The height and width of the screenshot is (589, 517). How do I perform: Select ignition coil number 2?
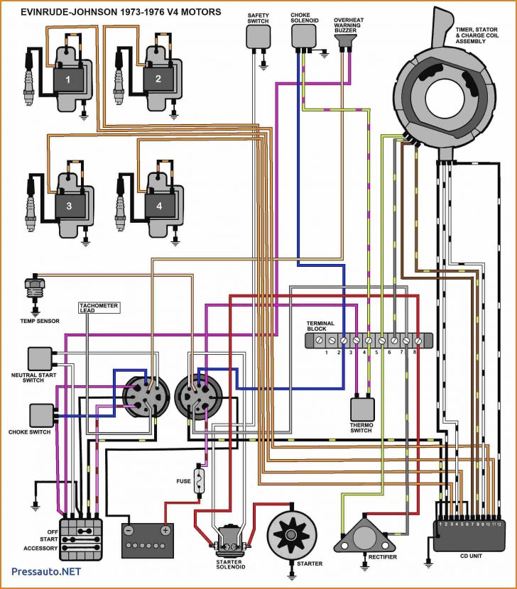point(158,79)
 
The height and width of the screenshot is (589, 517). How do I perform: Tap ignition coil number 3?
point(69,206)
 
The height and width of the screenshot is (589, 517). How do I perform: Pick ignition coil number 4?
point(159,206)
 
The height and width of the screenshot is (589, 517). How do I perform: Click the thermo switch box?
point(362,409)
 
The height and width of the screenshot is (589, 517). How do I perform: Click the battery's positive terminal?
point(165,529)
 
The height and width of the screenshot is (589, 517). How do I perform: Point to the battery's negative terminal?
point(129,529)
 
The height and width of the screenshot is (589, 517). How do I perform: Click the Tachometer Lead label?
point(99,308)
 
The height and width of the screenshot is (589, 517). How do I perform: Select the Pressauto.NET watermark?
point(46,571)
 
